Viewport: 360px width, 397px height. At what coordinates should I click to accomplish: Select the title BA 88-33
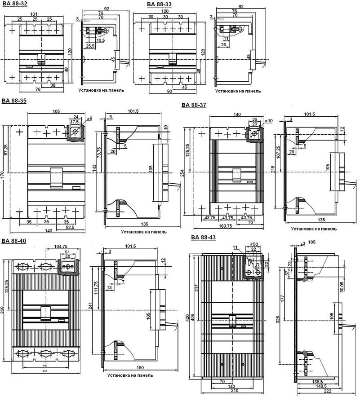tap(159, 4)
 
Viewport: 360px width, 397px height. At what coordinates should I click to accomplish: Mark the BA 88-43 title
tap(203, 237)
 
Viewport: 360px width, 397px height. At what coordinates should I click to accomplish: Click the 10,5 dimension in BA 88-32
tap(101, 40)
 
